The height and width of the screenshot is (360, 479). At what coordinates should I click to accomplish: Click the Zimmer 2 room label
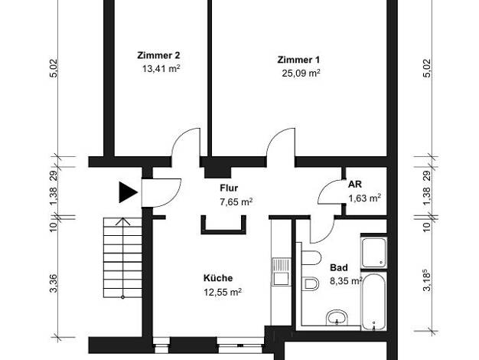(x=158, y=55)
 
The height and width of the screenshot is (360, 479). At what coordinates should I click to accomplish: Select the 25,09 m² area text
(x=301, y=74)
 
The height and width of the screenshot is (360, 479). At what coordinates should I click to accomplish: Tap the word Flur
(x=229, y=188)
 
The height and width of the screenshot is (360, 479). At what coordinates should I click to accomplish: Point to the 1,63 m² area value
(x=365, y=198)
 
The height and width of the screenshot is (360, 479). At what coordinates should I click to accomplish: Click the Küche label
(x=218, y=278)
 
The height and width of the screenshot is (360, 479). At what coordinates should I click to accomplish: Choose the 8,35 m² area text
(x=346, y=281)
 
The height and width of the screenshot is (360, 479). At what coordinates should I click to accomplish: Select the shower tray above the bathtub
(x=374, y=253)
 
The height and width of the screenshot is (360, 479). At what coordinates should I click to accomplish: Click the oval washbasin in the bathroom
(x=337, y=318)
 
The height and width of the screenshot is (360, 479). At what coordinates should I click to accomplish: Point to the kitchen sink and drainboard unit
(x=281, y=272)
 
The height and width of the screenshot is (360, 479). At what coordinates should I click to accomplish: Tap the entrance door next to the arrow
(x=161, y=193)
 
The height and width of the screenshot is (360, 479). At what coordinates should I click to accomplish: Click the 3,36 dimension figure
(x=53, y=283)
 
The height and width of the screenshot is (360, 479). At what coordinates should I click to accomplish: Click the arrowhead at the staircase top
(x=122, y=221)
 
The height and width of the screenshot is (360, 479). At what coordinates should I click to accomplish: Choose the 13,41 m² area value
(x=161, y=69)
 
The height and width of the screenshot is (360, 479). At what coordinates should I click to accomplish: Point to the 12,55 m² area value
(x=223, y=292)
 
